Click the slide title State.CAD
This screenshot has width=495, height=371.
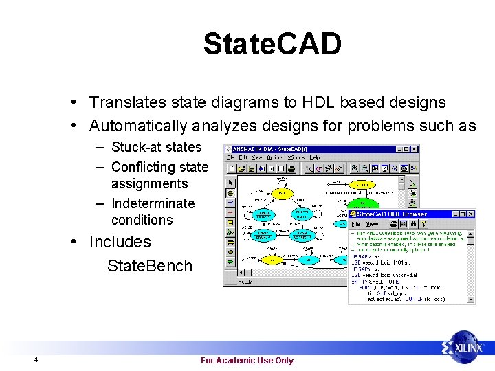[x=272, y=44]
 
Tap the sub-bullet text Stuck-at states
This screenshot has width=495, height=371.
[x=156, y=147]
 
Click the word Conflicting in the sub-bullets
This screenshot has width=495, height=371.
[x=143, y=167]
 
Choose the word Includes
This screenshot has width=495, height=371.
[x=120, y=243]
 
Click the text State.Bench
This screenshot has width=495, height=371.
[x=150, y=267]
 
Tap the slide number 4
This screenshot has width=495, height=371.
[x=35, y=361]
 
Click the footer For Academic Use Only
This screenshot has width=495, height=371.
[x=247, y=361]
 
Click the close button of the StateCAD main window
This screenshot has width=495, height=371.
[x=414, y=149]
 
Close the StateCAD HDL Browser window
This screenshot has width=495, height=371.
[x=470, y=214]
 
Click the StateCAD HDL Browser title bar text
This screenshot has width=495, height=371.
[x=392, y=214]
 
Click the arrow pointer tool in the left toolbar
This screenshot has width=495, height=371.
[x=230, y=182]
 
